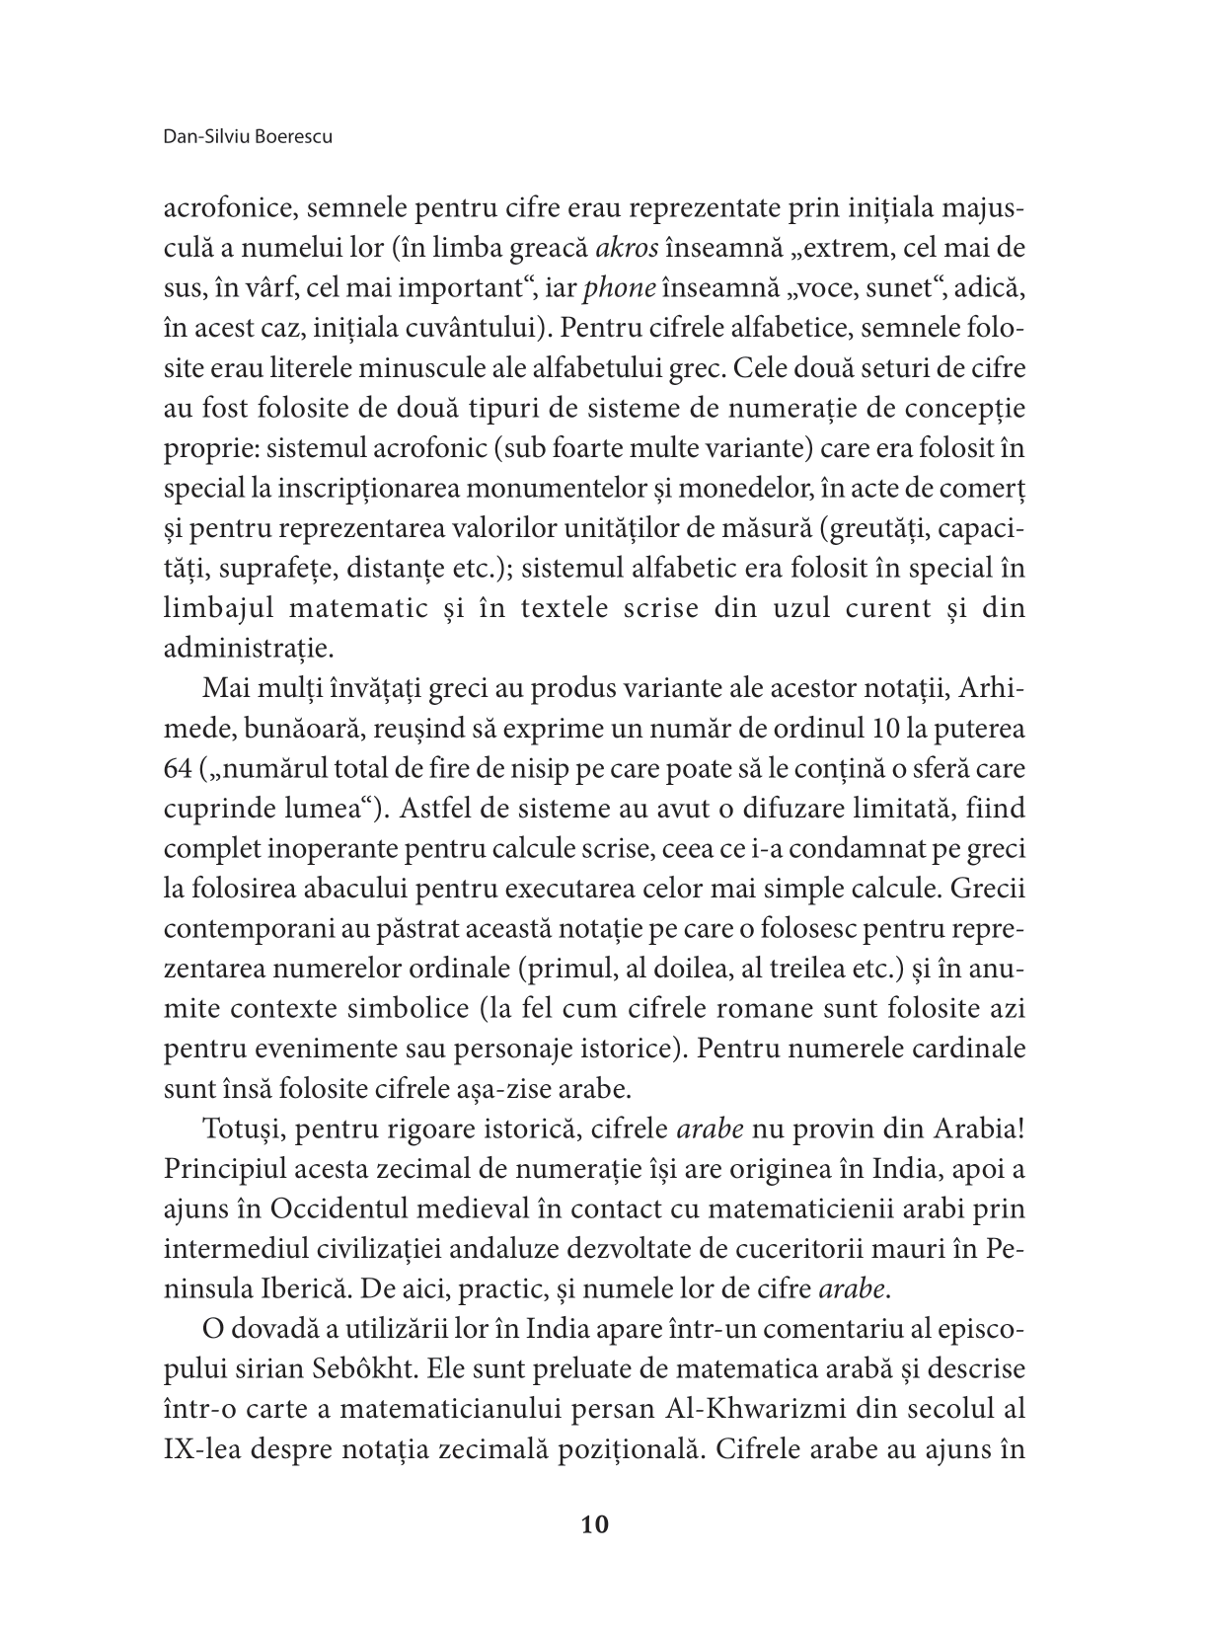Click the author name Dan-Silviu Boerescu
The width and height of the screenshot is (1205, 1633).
point(247,136)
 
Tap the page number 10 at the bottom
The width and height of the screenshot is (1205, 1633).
point(596,1524)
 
